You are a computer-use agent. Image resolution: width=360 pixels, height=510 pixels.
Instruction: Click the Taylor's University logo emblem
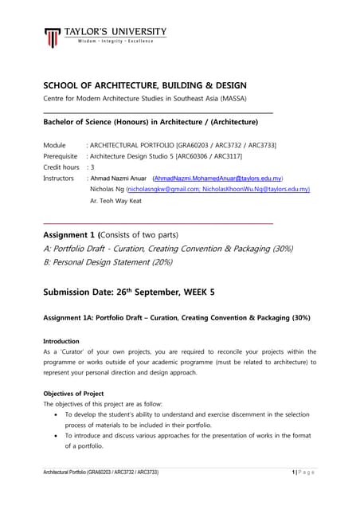coord(52,37)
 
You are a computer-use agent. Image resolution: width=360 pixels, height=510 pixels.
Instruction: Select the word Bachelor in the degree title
coord(65,123)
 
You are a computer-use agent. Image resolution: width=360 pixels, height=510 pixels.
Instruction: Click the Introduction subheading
coord(64,341)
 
